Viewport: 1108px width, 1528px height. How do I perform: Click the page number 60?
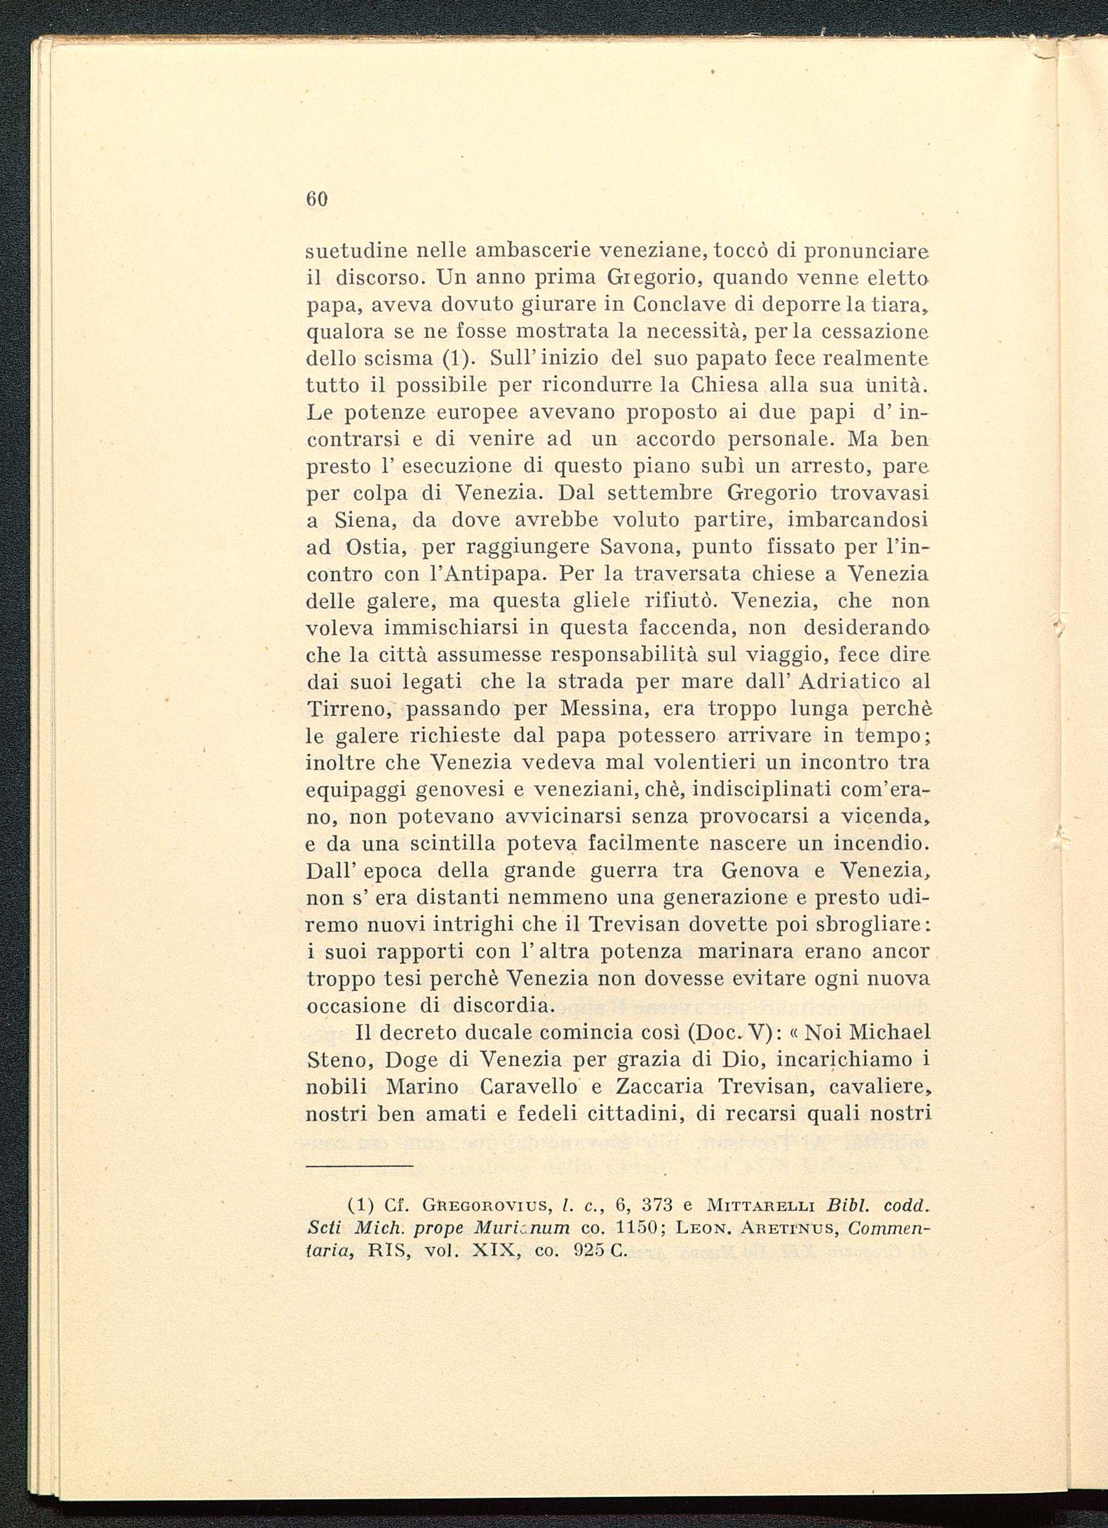[316, 199]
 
